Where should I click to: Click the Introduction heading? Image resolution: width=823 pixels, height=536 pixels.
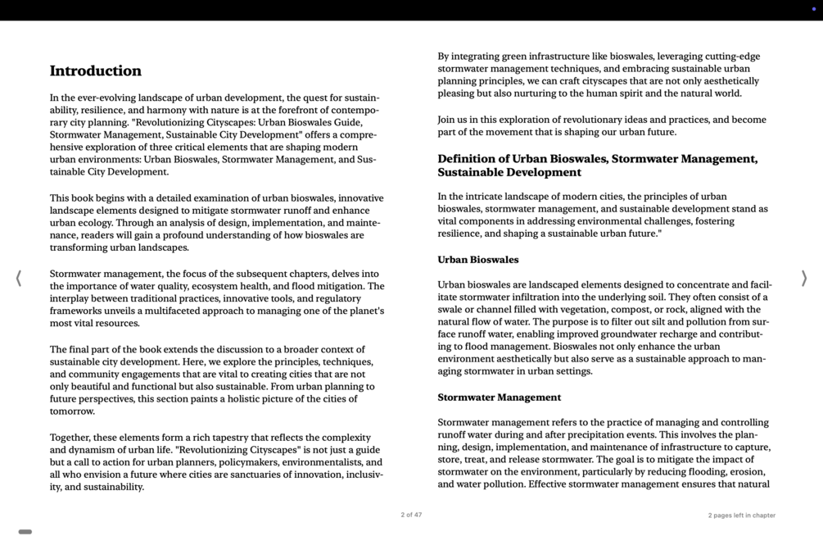pyautogui.click(x=95, y=71)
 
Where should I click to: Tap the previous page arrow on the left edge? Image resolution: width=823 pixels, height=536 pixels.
pyautogui.click(x=18, y=279)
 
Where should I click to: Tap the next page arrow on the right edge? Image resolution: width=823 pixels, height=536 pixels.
pyautogui.click(x=804, y=279)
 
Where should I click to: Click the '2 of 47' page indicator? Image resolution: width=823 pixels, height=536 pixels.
pyautogui.click(x=411, y=516)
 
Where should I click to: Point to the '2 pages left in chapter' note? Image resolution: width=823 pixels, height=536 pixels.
pyautogui.click(x=741, y=516)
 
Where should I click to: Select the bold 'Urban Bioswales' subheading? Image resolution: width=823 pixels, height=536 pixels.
pyautogui.click(x=477, y=260)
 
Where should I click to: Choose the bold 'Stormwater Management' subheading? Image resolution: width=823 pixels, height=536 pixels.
pyautogui.click(x=499, y=397)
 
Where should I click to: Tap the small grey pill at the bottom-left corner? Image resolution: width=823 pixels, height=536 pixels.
pyautogui.click(x=25, y=532)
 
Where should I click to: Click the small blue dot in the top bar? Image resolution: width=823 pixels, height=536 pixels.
pyautogui.click(x=813, y=9)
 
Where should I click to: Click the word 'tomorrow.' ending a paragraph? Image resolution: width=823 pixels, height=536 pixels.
pyautogui.click(x=72, y=411)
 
